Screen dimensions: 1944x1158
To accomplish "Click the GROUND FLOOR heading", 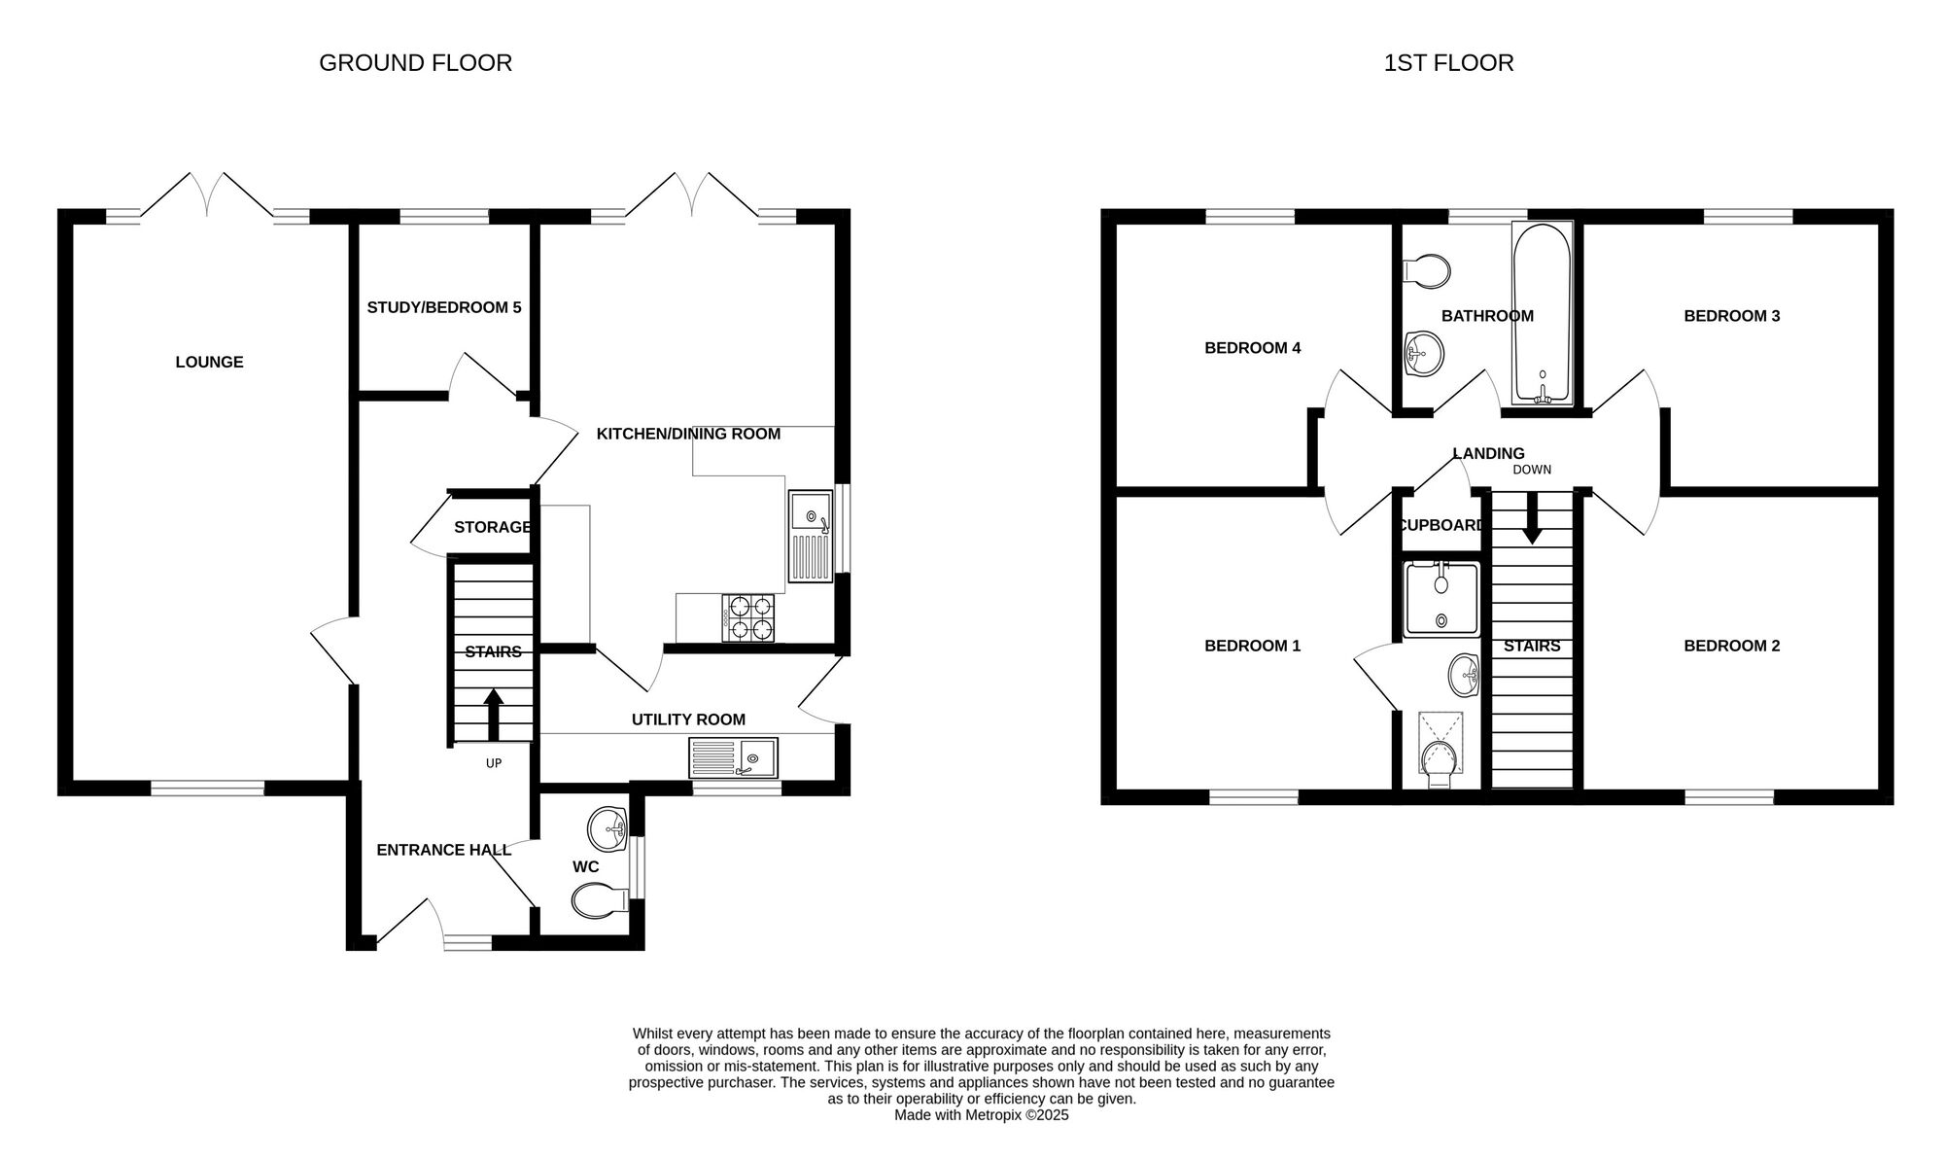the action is point(415,63).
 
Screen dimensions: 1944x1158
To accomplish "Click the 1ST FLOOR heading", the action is point(1448,63).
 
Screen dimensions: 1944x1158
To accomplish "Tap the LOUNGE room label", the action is point(209,362).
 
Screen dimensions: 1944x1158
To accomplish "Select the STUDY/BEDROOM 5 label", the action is point(444,307).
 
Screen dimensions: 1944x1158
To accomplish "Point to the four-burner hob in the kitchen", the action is point(748,617).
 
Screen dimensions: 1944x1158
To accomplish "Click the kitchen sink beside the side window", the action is point(811,536).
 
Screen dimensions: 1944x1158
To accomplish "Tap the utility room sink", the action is point(733,757).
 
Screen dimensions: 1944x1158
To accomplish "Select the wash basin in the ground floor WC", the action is point(608,828).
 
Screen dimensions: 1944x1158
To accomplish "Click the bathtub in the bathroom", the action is point(1542,313).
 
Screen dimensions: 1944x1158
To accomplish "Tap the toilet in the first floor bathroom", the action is point(1426,270).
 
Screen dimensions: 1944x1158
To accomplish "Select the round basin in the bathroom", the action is point(1425,352).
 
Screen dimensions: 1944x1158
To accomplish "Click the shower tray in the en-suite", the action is point(1442,599).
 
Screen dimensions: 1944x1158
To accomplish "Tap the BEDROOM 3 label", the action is point(1732,316).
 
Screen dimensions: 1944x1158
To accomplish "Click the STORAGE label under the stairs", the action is point(493,527).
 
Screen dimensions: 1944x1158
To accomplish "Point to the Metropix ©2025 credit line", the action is point(982,1115).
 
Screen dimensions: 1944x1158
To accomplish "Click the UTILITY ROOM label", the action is point(688,719).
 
